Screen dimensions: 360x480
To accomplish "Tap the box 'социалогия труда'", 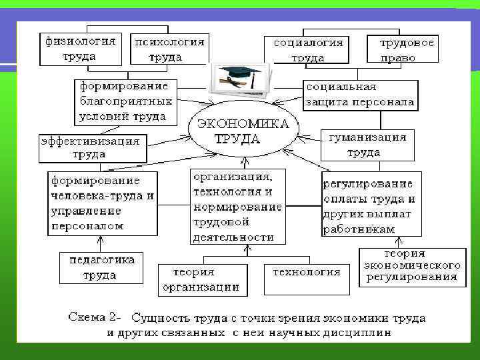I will point(308,49).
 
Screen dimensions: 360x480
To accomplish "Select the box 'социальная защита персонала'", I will point(360,95).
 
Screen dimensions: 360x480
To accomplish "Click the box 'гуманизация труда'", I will point(367,145).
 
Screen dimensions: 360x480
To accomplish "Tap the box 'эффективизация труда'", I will point(91,148).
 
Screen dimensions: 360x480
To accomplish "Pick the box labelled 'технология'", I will point(306,279).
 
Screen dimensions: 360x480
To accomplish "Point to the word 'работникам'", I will point(359,229).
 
